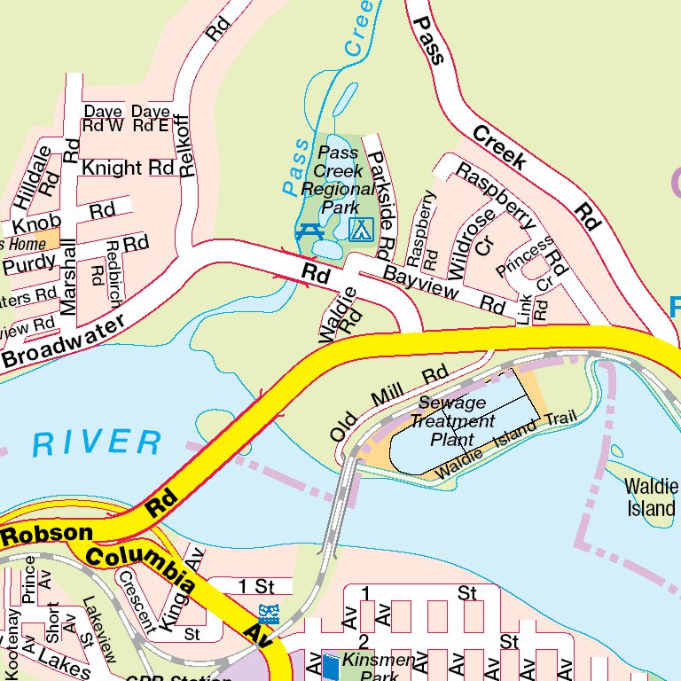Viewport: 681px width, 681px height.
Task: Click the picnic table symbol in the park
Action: tap(308, 231)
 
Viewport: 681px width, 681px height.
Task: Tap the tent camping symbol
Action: tap(360, 230)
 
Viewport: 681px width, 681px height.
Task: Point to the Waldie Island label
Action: tap(651, 497)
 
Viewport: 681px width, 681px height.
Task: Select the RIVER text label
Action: tap(98, 442)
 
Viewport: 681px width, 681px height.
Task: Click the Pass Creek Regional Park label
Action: tap(338, 179)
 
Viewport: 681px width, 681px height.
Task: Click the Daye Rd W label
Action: tap(104, 119)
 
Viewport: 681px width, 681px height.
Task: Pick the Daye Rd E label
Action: tap(150, 119)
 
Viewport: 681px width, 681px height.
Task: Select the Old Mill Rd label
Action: tap(389, 403)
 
